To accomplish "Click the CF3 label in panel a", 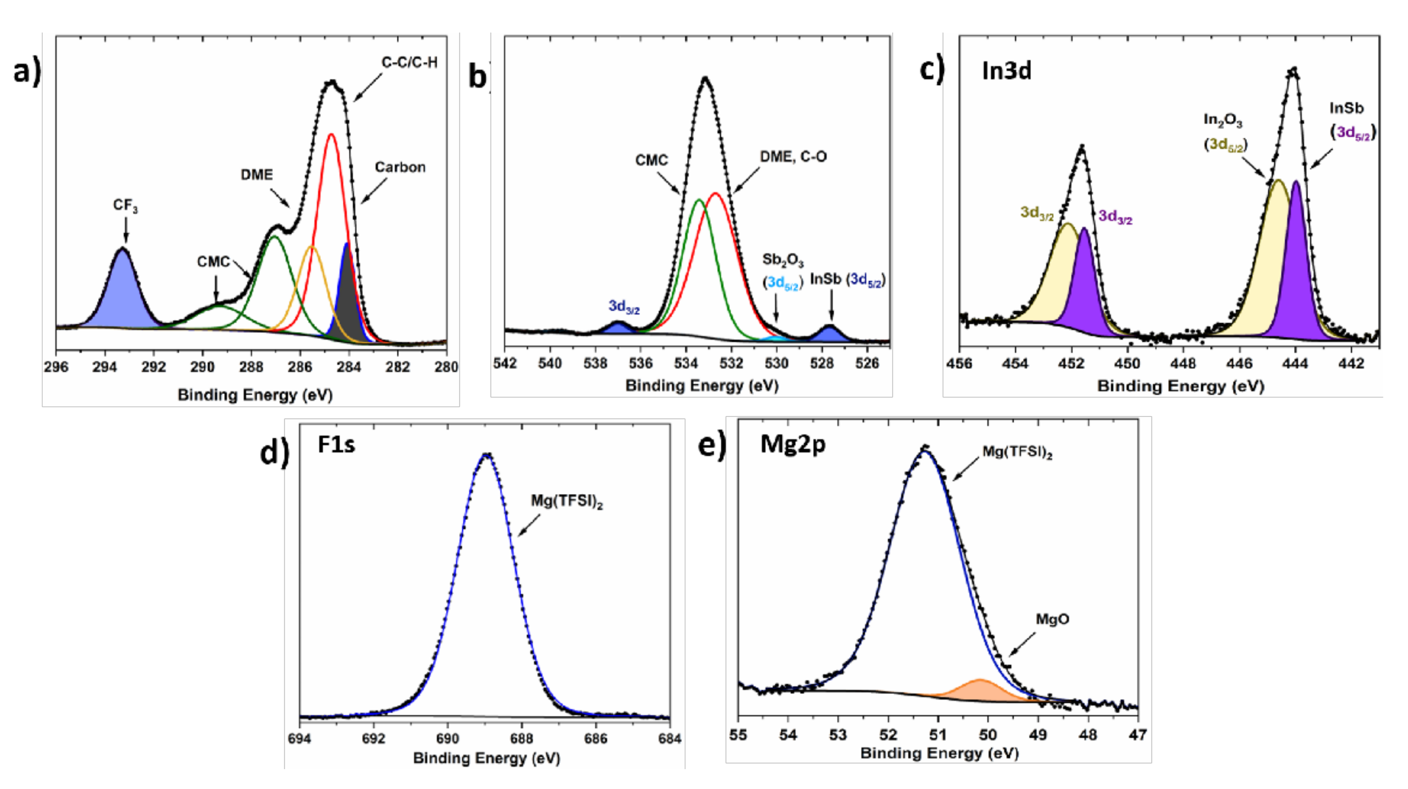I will point(125,206).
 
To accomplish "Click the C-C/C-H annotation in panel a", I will point(409,63).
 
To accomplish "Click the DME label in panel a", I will point(257,175).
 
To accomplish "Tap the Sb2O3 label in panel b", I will point(783,260).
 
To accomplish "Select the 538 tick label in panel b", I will point(595,363).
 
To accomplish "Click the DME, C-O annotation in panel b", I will point(793,157).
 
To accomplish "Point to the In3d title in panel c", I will point(1006,71).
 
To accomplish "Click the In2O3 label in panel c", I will point(1223,120).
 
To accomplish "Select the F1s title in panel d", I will point(336,445).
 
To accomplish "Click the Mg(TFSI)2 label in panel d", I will point(567,501).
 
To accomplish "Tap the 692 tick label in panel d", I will point(373,739).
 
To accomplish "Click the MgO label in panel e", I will point(1052,619).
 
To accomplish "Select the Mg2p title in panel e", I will point(792,445).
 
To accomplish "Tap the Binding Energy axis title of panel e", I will point(939,753).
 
